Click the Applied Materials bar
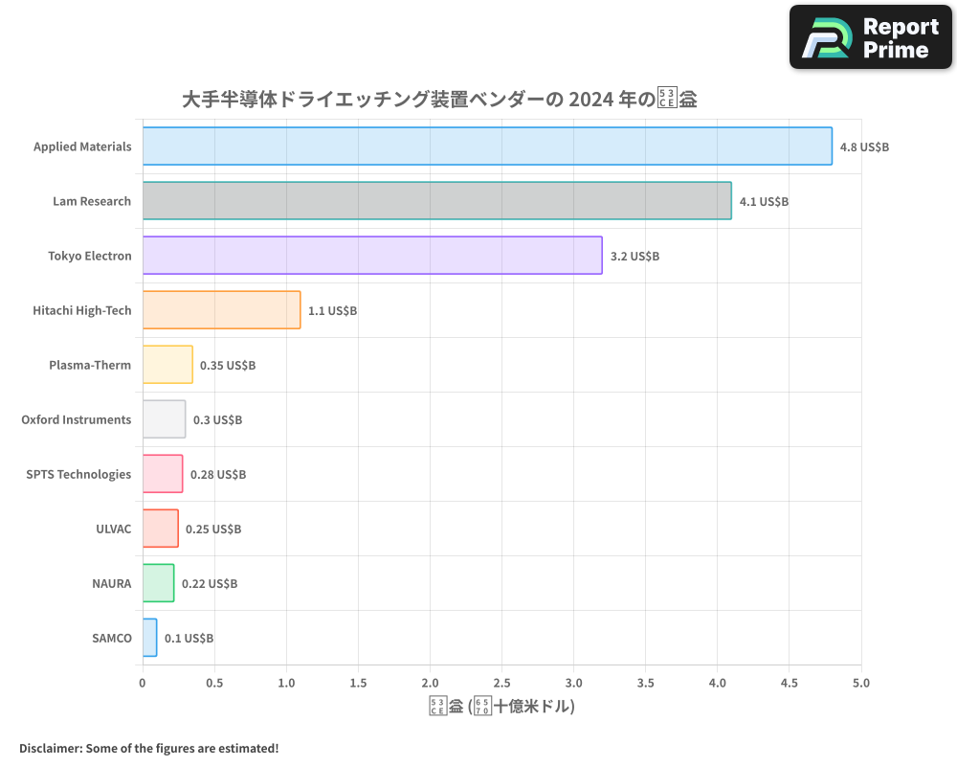click(487, 146)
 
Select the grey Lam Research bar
click(436, 201)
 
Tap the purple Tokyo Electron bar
click(372, 256)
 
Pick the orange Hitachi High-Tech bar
click(221, 310)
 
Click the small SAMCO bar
click(149, 638)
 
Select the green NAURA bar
click(158, 583)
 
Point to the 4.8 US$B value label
click(864, 147)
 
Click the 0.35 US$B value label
click(228, 366)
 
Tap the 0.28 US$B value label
click(218, 475)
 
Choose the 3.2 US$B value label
click(634, 257)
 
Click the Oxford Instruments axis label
click(77, 419)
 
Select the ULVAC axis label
click(113, 529)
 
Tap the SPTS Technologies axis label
click(78, 474)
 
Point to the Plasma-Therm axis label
click(90, 365)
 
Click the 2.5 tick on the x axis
click(501, 683)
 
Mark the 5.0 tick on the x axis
click(861, 683)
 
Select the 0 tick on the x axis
click(143, 683)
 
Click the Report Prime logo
click(871, 37)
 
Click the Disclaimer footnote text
click(148, 748)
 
